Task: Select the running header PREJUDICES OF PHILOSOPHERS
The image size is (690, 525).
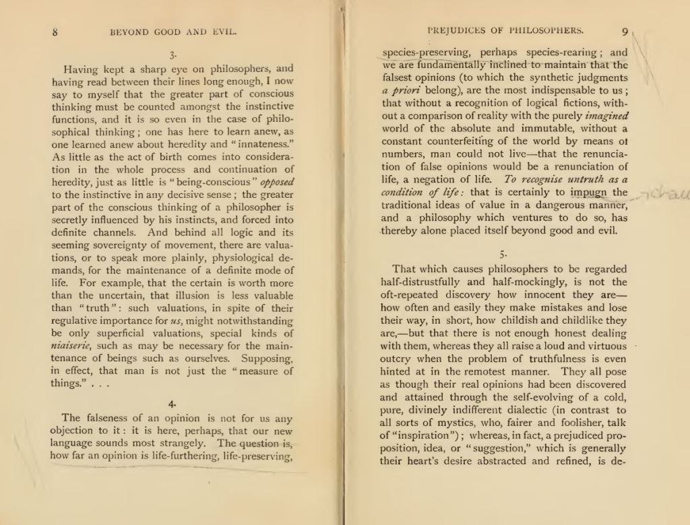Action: coord(506,30)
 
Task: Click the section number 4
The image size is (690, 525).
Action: coord(173,403)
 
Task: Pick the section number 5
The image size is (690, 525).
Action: coord(502,254)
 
